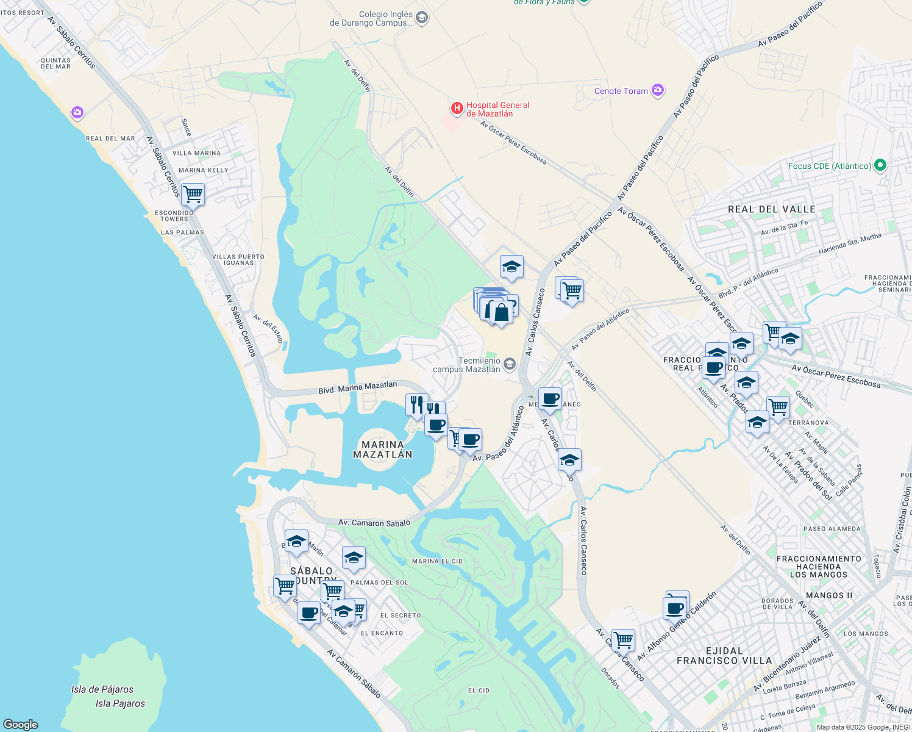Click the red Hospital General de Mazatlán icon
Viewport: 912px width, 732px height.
[457, 109]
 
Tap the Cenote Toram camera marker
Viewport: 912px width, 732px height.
[657, 91]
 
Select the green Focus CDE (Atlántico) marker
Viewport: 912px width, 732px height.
[879, 165]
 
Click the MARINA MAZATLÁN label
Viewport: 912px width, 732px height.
[383, 450]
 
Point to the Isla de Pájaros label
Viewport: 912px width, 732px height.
[102, 689]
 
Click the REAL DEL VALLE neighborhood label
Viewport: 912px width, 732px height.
[771, 209]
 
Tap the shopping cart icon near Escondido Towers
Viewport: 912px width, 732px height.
[193, 195]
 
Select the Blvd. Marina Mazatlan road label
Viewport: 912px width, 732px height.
[358, 387]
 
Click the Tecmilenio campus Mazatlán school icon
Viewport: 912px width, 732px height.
[510, 365]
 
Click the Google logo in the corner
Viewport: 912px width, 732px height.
[20, 724]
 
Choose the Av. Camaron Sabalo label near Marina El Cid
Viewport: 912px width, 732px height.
[374, 523]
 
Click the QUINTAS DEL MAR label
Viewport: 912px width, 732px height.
[55, 63]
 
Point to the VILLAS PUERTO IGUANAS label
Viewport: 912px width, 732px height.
[238, 260]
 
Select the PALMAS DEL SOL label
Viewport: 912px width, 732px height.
[388, 583]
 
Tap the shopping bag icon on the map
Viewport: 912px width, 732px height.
[501, 312]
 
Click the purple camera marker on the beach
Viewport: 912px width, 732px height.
[77, 113]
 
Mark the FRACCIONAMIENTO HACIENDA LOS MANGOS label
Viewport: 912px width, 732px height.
[819, 567]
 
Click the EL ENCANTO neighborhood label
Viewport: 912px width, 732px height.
[382, 633]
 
